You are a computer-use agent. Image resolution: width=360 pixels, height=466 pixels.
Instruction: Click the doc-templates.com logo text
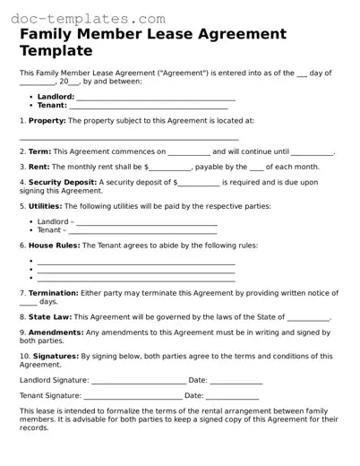pos(80,17)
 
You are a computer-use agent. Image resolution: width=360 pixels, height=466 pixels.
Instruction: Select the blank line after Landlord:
pos(156,98)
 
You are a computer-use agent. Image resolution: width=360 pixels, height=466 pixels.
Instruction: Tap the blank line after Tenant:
pos(148,107)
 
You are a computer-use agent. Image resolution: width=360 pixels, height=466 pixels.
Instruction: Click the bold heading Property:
pos(47,120)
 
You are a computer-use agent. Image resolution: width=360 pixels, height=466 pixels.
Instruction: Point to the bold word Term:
pos(39,152)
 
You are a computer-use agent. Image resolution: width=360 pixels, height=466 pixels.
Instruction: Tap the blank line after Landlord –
pos(147,220)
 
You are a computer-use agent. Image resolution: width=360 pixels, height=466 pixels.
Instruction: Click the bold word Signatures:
pos(55,357)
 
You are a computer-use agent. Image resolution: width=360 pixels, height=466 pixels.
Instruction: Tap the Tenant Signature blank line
pos(131,395)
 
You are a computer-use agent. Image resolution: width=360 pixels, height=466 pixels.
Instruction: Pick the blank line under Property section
pos(129,138)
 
